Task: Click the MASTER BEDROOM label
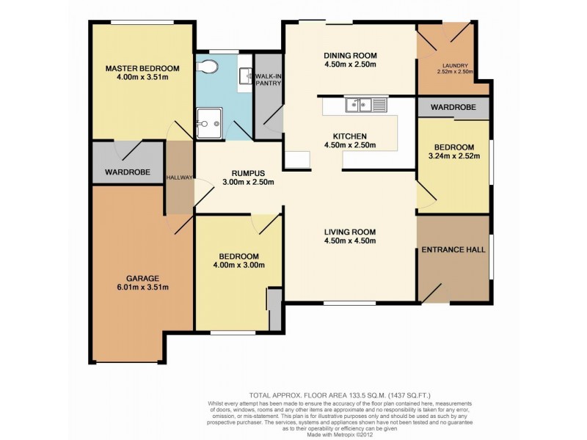point(142,68)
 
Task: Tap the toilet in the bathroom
point(209,67)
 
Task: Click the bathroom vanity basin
point(244,76)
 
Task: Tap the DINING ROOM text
point(350,55)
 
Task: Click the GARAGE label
point(143,278)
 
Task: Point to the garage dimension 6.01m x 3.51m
point(143,287)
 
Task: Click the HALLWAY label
point(179,177)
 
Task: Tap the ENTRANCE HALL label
point(453,249)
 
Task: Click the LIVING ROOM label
point(350,231)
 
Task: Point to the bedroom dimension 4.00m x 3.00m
point(238,265)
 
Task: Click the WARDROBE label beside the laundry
point(453,107)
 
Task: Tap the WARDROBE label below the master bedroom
point(127,172)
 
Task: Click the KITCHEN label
point(350,136)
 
